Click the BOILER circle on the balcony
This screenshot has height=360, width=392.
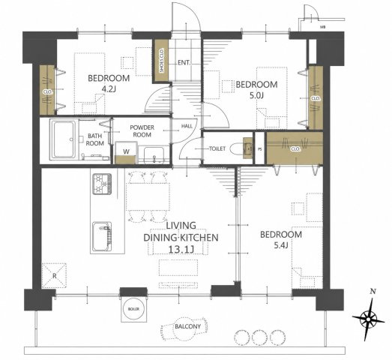point(133,309)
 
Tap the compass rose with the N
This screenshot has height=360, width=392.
point(369,319)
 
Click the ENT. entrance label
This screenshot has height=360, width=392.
point(184,62)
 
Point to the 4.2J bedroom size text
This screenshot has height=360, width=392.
point(109,89)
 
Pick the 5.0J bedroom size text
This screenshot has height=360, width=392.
point(257,95)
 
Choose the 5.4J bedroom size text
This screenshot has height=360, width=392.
point(281,245)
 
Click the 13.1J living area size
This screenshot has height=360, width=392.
point(181,249)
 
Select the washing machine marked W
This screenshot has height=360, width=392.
point(126,153)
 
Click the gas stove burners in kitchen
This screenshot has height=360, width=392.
point(102,184)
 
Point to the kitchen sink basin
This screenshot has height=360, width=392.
point(102,236)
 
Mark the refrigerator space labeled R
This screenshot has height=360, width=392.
point(54,275)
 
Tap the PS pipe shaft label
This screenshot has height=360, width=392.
point(260,149)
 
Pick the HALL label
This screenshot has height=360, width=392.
point(187,126)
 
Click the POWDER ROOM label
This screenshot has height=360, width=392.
point(142,131)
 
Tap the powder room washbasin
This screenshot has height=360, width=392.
point(154,155)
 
